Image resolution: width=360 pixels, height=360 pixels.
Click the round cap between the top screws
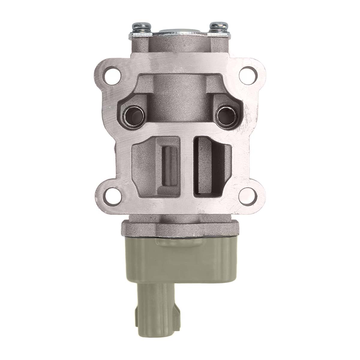179,31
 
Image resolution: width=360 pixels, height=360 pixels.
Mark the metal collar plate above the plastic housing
180,228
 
